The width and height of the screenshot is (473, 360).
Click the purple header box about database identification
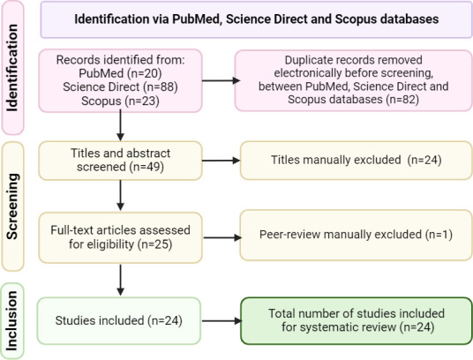click(x=257, y=19)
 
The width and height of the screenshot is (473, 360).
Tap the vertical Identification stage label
click(x=12, y=68)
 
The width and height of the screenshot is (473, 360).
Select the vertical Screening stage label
click(x=12, y=206)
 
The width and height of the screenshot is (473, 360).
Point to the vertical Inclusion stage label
click(x=12, y=321)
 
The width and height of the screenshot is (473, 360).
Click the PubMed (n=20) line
click(x=120, y=73)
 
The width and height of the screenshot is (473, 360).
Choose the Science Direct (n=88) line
click(x=120, y=86)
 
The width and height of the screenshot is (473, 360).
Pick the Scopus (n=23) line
click(x=120, y=101)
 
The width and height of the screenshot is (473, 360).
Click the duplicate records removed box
click(x=354, y=80)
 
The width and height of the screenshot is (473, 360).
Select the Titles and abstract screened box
click(x=120, y=161)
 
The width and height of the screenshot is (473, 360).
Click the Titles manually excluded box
click(x=357, y=161)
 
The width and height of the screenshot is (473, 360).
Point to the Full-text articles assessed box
click(x=120, y=237)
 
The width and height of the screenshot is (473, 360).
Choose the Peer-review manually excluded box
click(x=357, y=236)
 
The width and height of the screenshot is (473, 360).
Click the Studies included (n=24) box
click(x=119, y=321)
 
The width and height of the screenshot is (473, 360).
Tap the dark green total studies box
click(x=357, y=321)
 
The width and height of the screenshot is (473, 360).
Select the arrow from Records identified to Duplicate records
click(x=221, y=80)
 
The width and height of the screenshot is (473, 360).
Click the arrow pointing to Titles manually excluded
click(x=221, y=161)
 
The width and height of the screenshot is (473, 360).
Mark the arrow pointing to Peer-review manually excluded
click(x=222, y=237)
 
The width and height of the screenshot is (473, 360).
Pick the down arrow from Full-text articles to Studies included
click(x=120, y=280)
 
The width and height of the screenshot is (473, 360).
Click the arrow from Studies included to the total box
click(x=221, y=321)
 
